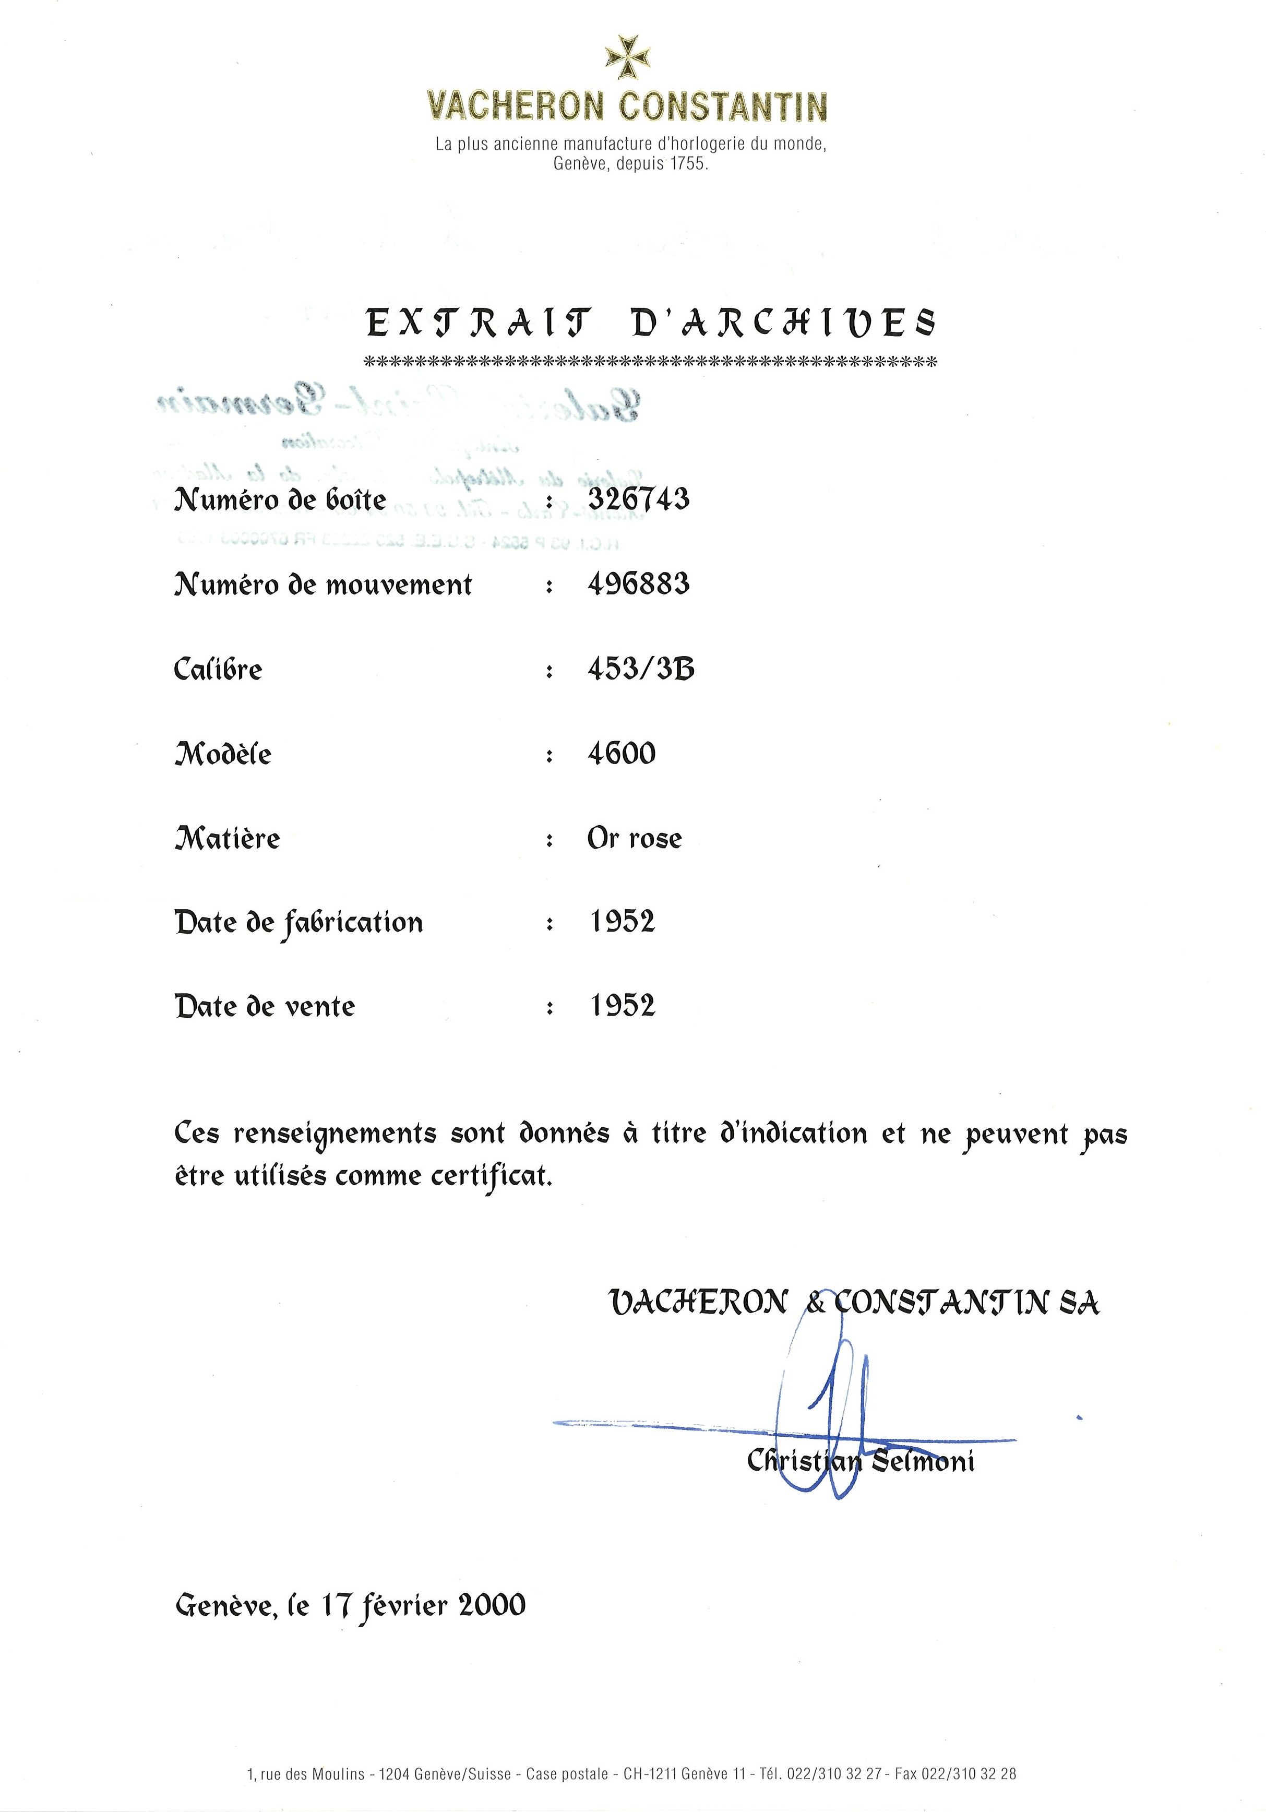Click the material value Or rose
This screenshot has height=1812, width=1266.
point(635,839)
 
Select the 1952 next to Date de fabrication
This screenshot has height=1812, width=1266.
point(623,922)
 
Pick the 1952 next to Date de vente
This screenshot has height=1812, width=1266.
point(623,1006)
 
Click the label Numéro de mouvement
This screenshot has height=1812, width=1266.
point(323,586)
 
